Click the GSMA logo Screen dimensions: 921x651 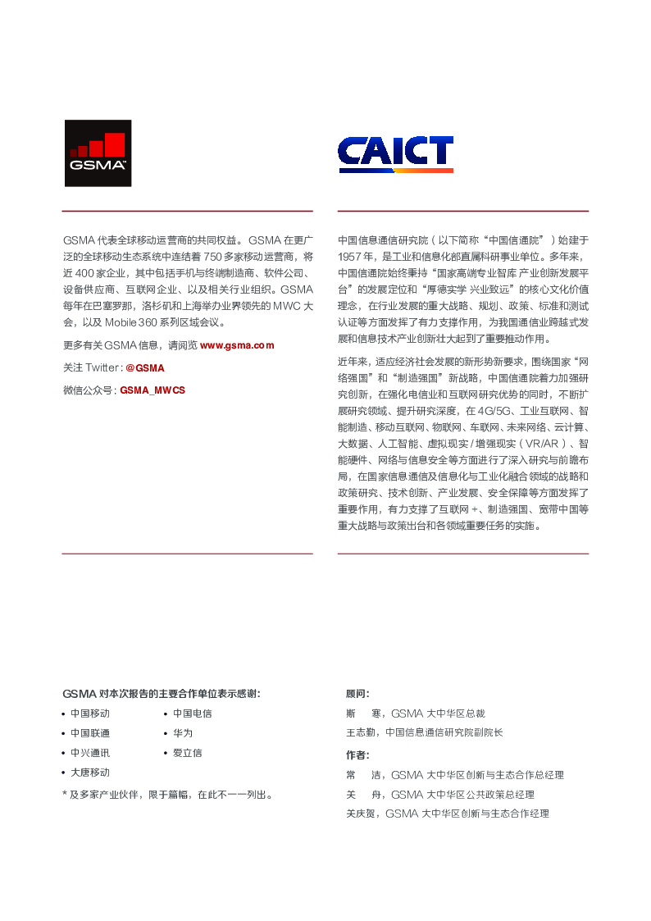pos(98,153)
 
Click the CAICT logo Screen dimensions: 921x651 pos(395,154)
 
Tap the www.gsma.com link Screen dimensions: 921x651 pos(237,345)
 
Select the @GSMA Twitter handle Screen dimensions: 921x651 pos(144,368)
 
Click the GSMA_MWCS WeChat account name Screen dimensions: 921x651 pos(153,390)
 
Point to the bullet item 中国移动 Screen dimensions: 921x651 pos(89,714)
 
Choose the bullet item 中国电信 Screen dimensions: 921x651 pos(192,714)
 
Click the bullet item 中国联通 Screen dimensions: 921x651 pos(89,733)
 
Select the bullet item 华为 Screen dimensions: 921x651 pos(182,733)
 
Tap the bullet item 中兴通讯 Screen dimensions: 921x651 pos(89,753)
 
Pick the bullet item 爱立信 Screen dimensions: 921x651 pos(187,753)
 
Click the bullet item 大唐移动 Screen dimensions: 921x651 pos(89,773)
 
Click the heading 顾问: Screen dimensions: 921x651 pos(357,694)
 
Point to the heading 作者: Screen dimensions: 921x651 pos(357,755)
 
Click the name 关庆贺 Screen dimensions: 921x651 pos(362,814)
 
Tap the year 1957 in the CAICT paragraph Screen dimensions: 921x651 pos(350,256)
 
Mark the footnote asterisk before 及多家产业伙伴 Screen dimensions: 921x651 pos(65,794)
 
